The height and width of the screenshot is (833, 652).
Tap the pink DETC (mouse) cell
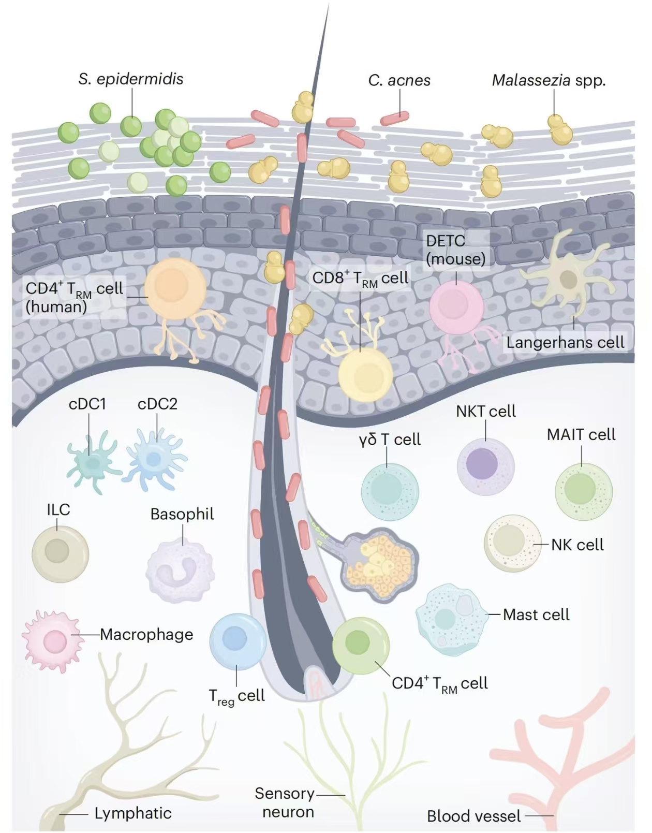pos(456,308)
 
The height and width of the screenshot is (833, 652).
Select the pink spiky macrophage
pos(53,640)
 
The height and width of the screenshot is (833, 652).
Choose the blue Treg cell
pos(237,640)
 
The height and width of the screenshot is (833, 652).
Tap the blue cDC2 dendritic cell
pos(155,459)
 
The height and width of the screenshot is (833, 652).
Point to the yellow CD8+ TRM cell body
pos(365,374)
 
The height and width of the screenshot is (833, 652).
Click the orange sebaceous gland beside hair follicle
pos(381,564)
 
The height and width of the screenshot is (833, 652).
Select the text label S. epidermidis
pos(131,79)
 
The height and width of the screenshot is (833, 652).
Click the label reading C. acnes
pos(399,81)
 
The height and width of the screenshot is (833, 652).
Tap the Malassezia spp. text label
pos(549,81)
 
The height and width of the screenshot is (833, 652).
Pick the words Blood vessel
pos(473,816)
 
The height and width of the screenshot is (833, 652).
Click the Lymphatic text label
pos(133,813)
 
